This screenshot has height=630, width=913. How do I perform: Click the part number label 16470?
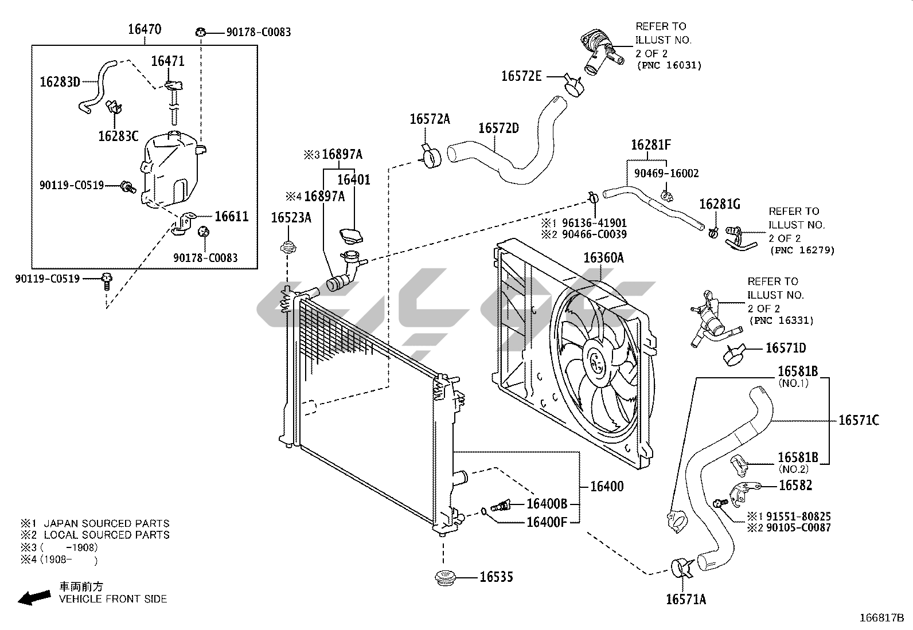coord(145,29)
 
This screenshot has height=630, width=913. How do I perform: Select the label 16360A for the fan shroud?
coord(604,258)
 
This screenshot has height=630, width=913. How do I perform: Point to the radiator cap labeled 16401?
coord(351,236)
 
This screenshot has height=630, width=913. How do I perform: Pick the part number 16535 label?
coord(496,577)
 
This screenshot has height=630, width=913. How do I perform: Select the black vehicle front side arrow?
coord(34,597)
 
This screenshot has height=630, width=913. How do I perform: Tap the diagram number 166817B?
coord(881,618)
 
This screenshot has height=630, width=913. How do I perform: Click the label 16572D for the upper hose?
coord(498,128)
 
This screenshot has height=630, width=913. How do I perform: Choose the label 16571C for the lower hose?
coord(859,420)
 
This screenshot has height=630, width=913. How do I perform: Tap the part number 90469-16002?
coord(666,174)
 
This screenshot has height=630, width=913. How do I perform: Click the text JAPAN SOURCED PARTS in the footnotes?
coord(106,523)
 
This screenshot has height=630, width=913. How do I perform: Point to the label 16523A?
coord(291,218)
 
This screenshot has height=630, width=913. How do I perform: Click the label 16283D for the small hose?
coord(60,82)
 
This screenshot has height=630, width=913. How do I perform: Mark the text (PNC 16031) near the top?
coord(669,65)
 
